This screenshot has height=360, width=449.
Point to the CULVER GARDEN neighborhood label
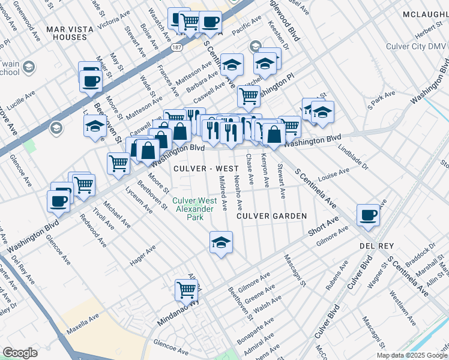point(271,215)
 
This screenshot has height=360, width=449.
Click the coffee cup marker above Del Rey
point(367,215)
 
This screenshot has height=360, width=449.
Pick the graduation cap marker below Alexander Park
point(221,243)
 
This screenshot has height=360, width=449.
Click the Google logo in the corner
point(20,353)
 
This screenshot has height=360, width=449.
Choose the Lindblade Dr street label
point(352,157)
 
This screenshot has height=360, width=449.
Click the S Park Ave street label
point(382,99)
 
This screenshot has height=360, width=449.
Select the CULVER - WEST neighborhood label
point(195,169)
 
